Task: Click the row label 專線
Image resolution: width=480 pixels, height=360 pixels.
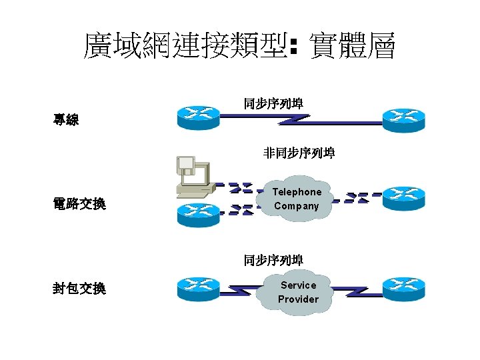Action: pos(66,121)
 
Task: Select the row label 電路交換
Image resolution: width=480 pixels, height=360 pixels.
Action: pos(79,204)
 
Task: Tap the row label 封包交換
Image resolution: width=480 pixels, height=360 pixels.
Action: pos(79,289)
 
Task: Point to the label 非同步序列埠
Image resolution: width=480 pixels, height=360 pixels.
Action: pos(299,153)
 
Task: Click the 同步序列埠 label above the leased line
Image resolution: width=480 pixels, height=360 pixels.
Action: pos(273,103)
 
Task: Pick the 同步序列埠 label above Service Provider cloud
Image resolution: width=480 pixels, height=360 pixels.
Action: pos(273,260)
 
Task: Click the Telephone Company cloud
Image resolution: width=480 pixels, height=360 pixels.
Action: pos(297,199)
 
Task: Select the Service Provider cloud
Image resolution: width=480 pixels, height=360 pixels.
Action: pos(298,292)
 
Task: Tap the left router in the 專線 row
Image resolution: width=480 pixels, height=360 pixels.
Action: pos(198,118)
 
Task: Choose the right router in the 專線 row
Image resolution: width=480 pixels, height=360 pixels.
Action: pos(403,119)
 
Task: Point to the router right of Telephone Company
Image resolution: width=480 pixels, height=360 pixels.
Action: pos(403,198)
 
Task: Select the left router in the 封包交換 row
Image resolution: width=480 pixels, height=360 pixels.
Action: pos(198,289)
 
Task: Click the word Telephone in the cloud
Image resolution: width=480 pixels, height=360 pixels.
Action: pos(297,192)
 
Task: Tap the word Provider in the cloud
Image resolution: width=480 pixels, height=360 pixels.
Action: pos(298,299)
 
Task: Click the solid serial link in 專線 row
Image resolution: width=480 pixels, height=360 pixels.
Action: pos(300,120)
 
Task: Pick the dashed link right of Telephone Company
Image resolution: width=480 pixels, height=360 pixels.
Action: pos(357,198)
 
